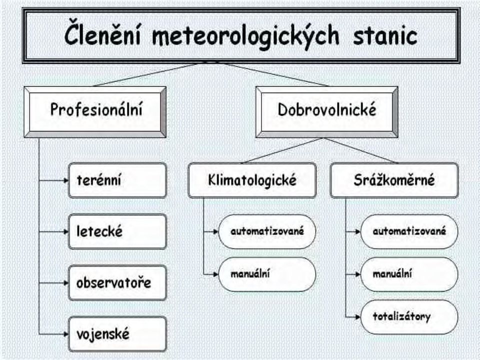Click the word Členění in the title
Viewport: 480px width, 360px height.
tap(102, 35)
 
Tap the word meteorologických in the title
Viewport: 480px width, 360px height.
tap(246, 36)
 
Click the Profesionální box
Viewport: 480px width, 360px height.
tap(95, 112)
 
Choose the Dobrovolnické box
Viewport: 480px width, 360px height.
tap(326, 112)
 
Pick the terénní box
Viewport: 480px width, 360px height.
tap(117, 180)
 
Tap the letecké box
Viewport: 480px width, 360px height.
tap(117, 231)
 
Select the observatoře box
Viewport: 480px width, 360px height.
tap(117, 283)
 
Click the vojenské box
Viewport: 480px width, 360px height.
tap(117, 334)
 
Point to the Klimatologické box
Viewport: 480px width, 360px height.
tap(252, 180)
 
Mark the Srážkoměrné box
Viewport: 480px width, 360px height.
tap(394, 180)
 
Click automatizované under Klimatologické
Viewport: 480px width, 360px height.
tap(267, 231)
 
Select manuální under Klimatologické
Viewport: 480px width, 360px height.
tap(267, 274)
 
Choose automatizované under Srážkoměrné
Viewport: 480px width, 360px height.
tap(409, 231)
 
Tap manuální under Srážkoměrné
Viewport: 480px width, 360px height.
tap(409, 274)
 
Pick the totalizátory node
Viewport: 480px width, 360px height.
tap(409, 317)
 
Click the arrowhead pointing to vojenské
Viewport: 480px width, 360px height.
tap(66, 334)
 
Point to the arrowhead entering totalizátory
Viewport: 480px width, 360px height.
tap(358, 317)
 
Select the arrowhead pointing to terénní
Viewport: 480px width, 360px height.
tap(66, 180)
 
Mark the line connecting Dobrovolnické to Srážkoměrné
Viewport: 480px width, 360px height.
tap(360, 150)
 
